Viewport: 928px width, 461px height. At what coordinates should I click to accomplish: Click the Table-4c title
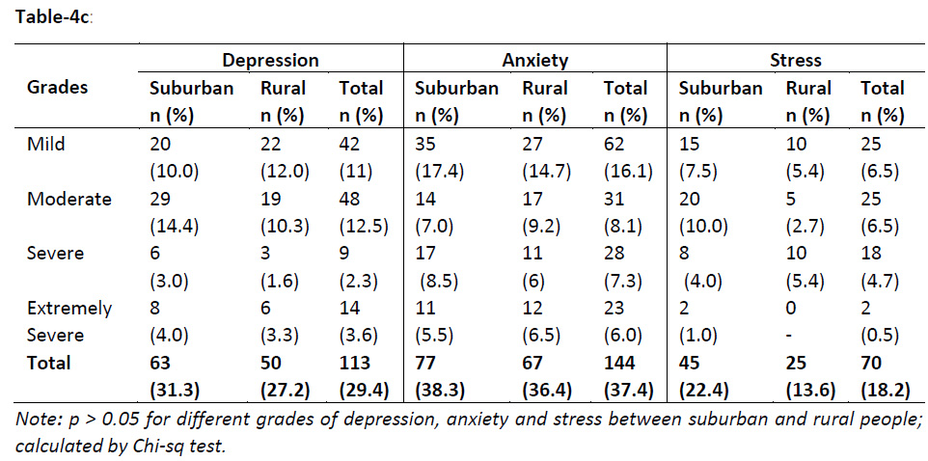[x=52, y=18]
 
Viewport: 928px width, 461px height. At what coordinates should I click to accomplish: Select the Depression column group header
[x=270, y=60]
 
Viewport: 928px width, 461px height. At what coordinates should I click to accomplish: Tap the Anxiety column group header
[x=535, y=60]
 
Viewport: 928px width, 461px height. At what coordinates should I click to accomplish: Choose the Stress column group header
[x=796, y=60]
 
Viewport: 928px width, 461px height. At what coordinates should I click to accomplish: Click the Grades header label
[x=57, y=87]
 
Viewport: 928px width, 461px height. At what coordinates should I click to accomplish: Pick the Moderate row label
[x=68, y=199]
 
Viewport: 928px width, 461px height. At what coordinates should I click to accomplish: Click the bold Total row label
[x=49, y=363]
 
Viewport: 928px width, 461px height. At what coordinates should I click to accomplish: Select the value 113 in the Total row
[x=355, y=363]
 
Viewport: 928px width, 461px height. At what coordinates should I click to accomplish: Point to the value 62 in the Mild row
[x=614, y=144]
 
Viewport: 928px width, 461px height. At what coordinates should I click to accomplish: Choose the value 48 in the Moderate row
[x=350, y=199]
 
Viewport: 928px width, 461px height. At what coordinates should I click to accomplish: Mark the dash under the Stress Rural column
[x=790, y=336]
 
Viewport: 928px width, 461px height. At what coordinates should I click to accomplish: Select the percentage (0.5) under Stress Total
[x=880, y=336]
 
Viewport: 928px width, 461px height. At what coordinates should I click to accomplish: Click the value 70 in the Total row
[x=872, y=363]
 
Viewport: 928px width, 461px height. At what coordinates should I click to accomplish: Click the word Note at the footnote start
[x=39, y=420]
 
